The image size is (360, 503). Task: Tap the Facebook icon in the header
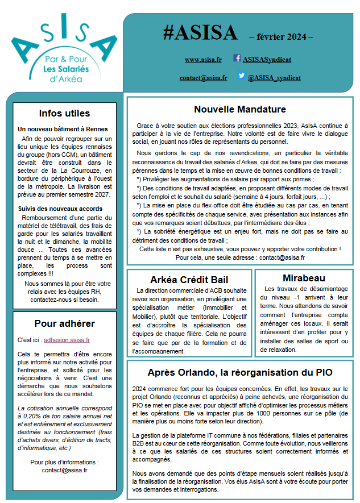click(237, 58)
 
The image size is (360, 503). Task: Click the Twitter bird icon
click(241, 76)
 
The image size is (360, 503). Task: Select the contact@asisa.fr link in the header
click(203, 77)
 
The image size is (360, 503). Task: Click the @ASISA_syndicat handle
click(274, 77)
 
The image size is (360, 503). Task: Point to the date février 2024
click(282, 38)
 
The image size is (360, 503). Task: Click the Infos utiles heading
click(64, 113)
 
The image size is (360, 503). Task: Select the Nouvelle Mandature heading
click(240, 109)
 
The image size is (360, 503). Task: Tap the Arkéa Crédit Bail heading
click(189, 280)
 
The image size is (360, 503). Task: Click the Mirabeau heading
click(304, 278)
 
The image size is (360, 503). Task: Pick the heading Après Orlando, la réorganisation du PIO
click(239, 372)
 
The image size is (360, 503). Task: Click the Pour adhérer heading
click(64, 324)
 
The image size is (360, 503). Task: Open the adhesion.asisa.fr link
click(67, 340)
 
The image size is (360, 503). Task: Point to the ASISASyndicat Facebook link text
click(267, 59)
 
